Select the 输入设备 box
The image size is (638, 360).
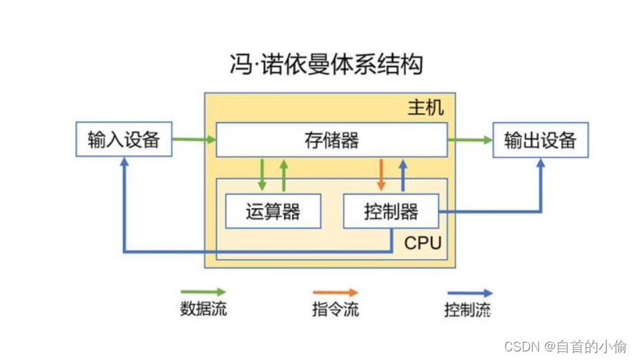[124, 139]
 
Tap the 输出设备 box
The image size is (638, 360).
[540, 140]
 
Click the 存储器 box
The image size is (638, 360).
[332, 140]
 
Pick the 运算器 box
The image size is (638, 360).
[273, 211]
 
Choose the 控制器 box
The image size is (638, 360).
[391, 211]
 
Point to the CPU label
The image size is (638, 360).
[422, 243]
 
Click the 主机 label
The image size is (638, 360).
[425, 108]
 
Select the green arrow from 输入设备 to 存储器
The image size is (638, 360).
[194, 140]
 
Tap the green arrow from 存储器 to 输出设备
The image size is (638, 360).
[470, 140]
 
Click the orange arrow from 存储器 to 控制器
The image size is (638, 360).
[381, 175]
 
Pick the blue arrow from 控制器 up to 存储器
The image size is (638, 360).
[402, 175]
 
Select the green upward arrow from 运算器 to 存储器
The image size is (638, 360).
[284, 175]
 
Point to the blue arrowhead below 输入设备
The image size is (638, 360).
[125, 162]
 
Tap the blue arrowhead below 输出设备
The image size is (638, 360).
[541, 163]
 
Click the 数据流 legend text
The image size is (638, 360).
[203, 310]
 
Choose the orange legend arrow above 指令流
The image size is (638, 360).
[335, 293]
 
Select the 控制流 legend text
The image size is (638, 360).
[468, 310]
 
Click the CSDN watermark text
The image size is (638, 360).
[566, 346]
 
